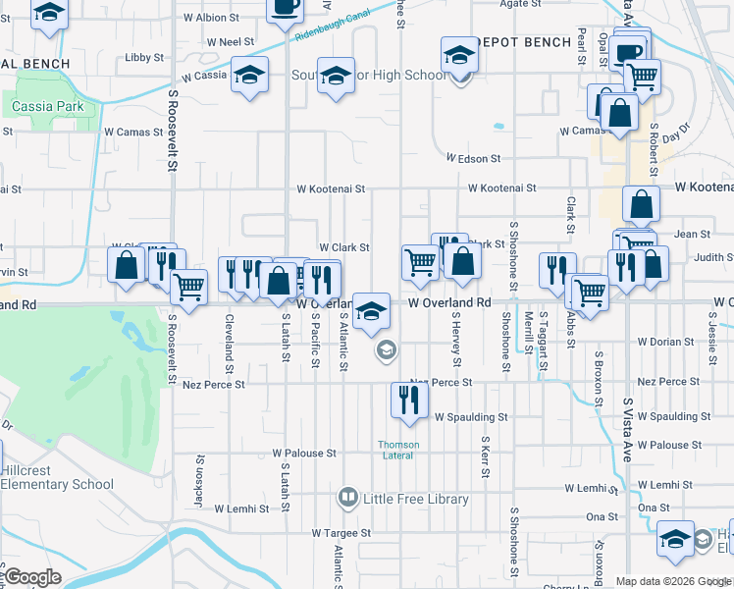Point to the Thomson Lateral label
[x=399, y=450]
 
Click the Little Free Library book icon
[x=347, y=499]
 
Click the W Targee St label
[x=341, y=533]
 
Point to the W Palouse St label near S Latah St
[x=304, y=454]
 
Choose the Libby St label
[x=144, y=58]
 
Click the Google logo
[x=31, y=577]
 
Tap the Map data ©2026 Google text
[x=673, y=581]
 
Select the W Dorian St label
[x=665, y=342]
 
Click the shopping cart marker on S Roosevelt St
[x=187, y=288]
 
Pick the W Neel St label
[x=231, y=42]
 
